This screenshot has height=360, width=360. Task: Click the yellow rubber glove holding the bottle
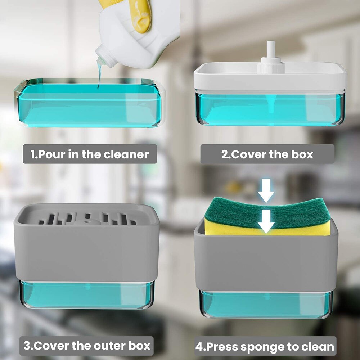tap(142, 14)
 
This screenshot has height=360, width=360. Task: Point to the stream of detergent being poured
tap(98, 77)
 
